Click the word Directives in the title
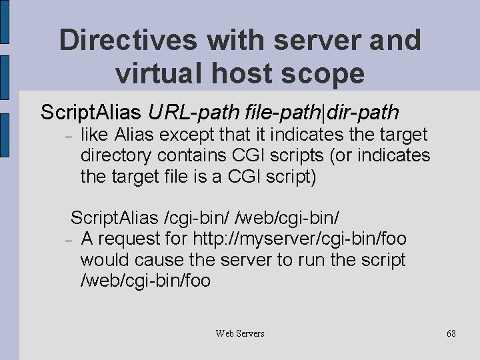(x=127, y=40)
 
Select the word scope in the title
(x=325, y=73)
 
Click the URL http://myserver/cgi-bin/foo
(x=299, y=239)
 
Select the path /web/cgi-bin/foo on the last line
(x=145, y=281)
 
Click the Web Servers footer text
(x=240, y=333)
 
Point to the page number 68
(x=451, y=333)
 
